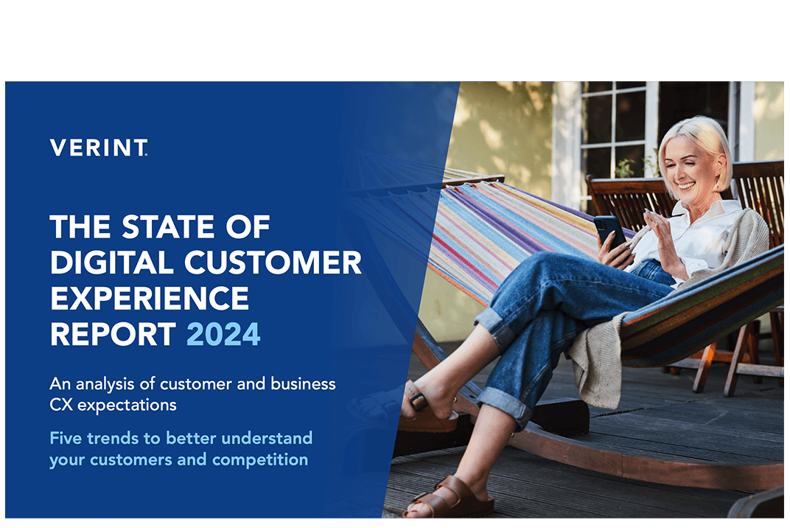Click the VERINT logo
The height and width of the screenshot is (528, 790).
99,147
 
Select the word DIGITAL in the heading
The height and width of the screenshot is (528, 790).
105,263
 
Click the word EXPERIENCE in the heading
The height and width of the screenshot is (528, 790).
150,299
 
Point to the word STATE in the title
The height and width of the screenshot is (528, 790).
168,228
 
